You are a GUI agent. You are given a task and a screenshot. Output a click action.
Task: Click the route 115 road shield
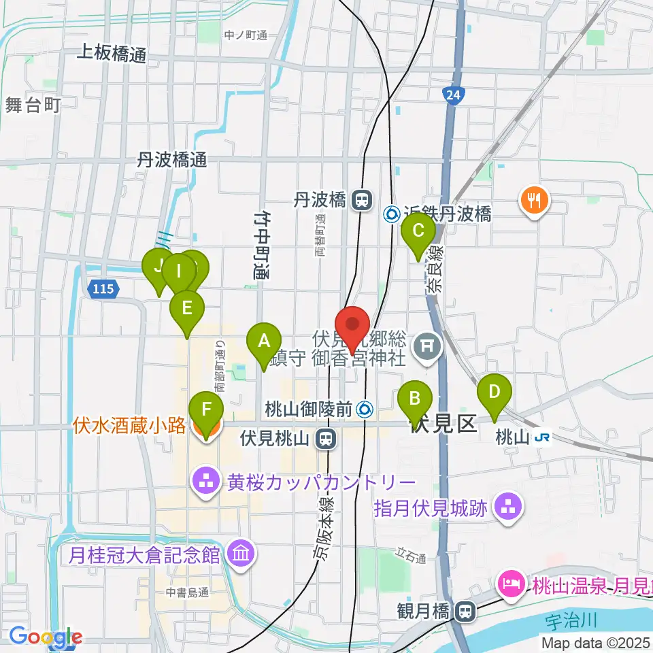(x=103, y=289)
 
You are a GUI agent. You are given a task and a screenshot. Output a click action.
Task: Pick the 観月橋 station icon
(x=466, y=612)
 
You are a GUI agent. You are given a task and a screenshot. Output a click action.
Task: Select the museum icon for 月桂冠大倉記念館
(x=241, y=554)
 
